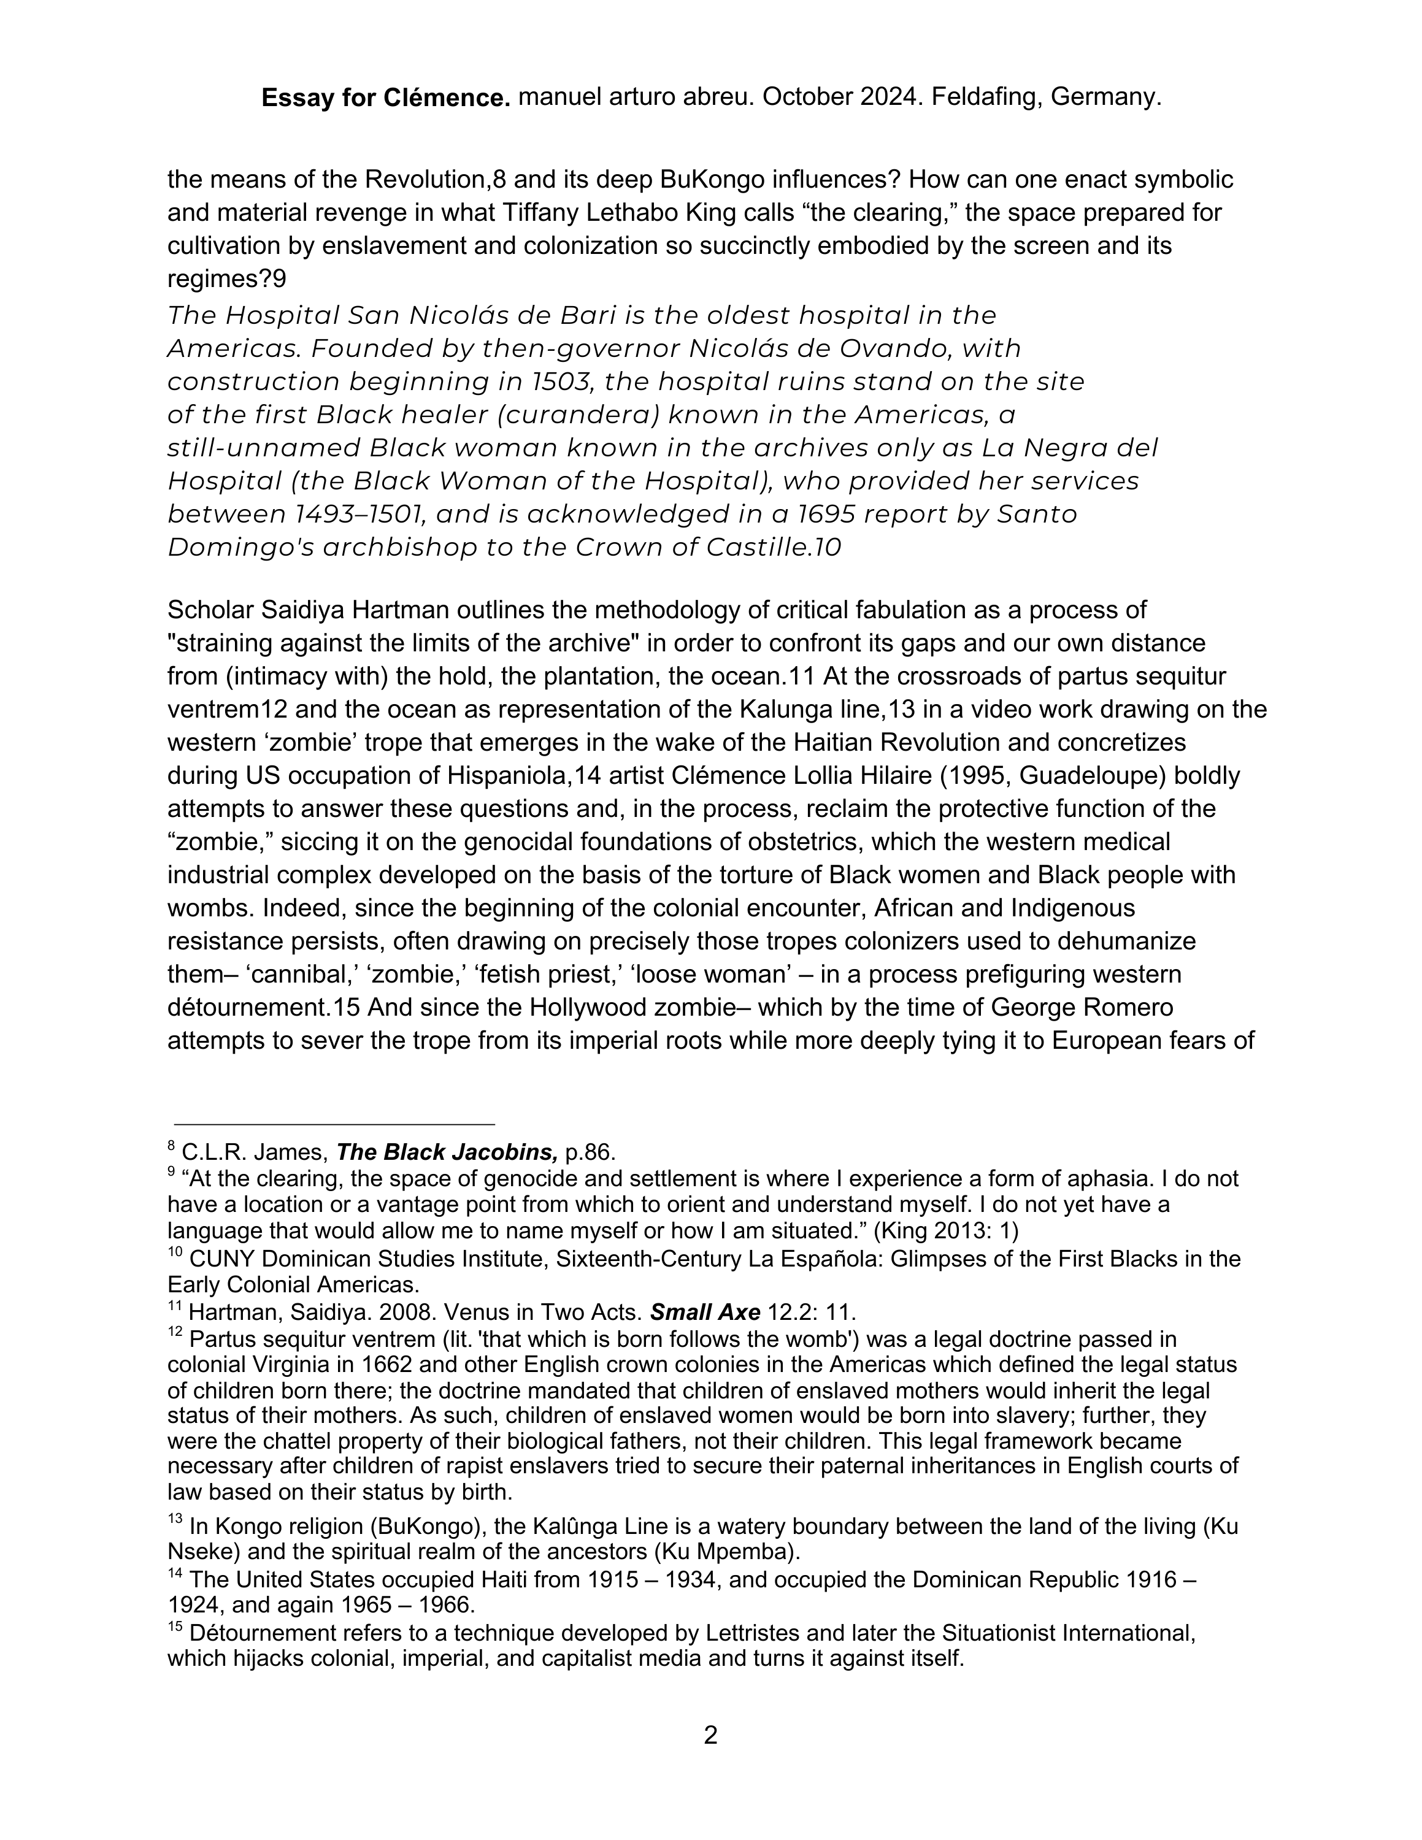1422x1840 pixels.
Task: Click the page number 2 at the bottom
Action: pyautogui.click(x=710, y=1736)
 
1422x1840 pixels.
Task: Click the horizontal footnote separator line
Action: pyautogui.click(x=334, y=1124)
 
